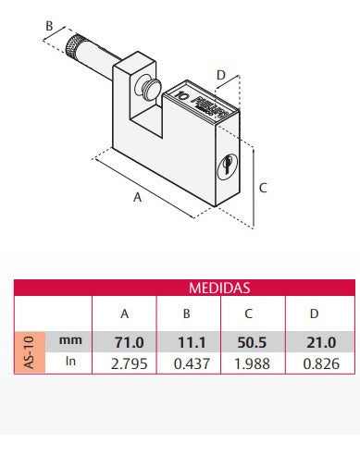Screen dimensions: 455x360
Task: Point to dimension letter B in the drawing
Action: (48, 26)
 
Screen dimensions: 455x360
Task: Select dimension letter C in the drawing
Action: (264, 188)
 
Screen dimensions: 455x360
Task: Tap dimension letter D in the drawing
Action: (220, 73)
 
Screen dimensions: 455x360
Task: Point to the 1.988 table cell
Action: (250, 363)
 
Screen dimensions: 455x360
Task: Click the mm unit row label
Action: (70, 340)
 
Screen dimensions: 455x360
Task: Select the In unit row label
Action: (70, 363)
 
